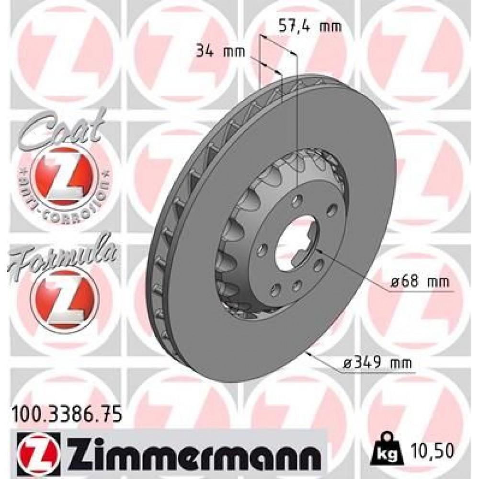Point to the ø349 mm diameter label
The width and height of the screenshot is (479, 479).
click(377, 364)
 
